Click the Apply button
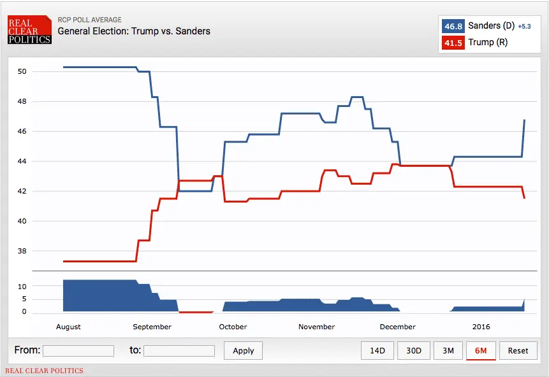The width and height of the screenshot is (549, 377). [x=243, y=350]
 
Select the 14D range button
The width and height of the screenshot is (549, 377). [x=377, y=350]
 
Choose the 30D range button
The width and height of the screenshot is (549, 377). [x=414, y=350]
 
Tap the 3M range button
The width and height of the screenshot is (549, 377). [x=448, y=350]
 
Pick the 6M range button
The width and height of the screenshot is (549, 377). [x=481, y=350]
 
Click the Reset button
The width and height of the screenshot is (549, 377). [x=518, y=350]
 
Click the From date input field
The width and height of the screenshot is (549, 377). [x=78, y=351]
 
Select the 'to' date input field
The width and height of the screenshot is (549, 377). [x=179, y=351]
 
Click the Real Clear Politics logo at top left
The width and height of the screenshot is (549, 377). [x=29, y=30]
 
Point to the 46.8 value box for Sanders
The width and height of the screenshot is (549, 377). [x=453, y=26]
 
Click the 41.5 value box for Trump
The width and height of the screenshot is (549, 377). [x=453, y=43]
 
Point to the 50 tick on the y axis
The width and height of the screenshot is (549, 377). [x=22, y=71]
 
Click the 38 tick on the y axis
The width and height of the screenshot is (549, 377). [x=22, y=251]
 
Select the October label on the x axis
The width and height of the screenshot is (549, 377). [x=233, y=327]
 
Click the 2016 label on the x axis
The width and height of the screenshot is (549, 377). [x=481, y=327]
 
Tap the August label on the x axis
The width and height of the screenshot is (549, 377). [x=68, y=327]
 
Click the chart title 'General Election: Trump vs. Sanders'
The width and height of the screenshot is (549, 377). [x=134, y=31]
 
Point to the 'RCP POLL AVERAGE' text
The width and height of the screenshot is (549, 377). [x=89, y=20]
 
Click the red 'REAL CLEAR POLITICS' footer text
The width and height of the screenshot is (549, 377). [x=44, y=371]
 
